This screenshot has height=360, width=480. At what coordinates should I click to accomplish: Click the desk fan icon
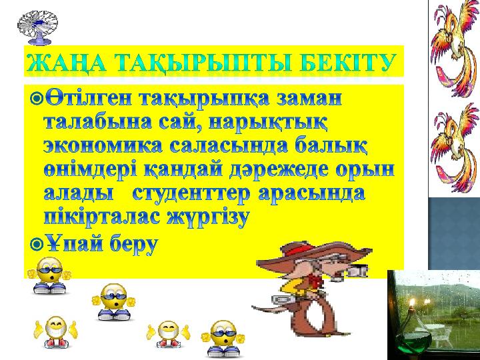coord(37,27)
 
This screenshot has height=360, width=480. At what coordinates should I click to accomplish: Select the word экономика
coord(103,146)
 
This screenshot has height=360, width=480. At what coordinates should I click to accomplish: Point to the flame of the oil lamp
coord(413,303)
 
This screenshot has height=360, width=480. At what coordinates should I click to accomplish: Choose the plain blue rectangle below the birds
coord(454,233)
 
